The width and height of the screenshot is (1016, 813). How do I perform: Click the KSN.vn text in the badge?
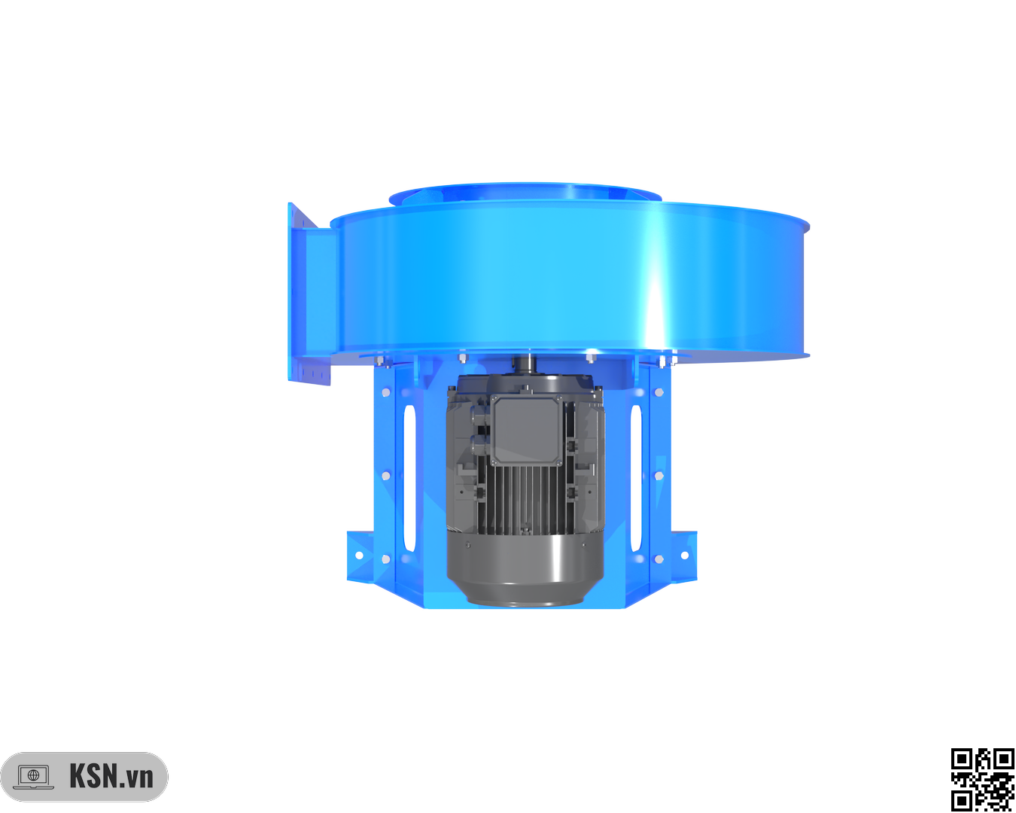(111, 776)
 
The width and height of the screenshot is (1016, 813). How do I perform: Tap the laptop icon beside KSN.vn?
(33, 777)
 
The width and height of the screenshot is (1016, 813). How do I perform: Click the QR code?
(983, 780)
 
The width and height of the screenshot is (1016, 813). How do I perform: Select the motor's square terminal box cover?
(526, 431)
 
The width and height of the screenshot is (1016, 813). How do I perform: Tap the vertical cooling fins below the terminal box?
(525, 500)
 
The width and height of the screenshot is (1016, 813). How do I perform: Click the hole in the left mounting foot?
(359, 555)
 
